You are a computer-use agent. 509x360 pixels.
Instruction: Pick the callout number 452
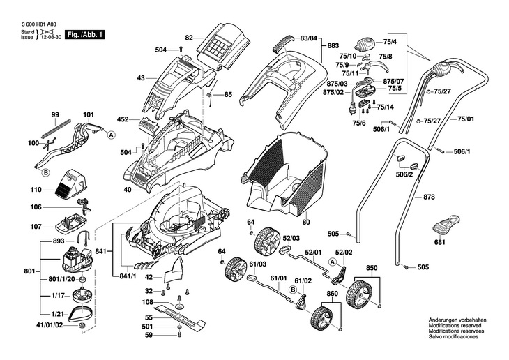(123, 119)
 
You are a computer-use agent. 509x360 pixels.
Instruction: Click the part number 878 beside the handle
(428, 197)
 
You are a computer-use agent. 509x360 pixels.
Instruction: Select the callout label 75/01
(465, 120)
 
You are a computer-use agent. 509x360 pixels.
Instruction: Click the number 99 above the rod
(54, 114)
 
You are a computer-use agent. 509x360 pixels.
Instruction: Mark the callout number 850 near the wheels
(371, 268)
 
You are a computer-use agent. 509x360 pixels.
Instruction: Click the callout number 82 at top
(188, 36)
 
